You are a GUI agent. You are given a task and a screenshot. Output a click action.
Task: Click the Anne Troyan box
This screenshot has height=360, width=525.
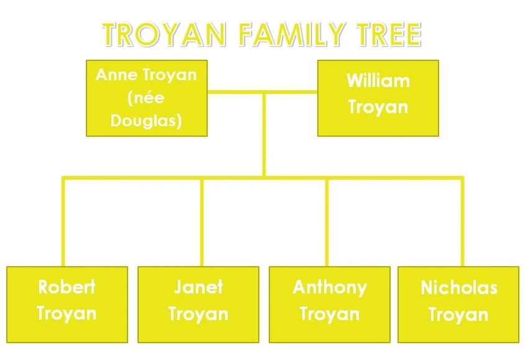click(x=146, y=98)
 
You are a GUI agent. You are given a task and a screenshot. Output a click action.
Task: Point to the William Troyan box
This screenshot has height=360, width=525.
click(x=378, y=98)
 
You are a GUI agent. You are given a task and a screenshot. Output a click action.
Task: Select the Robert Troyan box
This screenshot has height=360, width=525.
click(x=67, y=304)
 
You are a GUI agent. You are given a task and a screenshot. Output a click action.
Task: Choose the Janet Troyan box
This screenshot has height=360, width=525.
click(x=198, y=304)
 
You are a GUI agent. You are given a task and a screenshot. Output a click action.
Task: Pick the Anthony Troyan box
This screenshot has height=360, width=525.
click(x=329, y=304)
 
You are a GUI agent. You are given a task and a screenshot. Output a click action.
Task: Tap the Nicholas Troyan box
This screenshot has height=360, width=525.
click(x=458, y=304)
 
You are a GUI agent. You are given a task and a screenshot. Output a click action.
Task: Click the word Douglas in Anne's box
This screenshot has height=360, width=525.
click(x=146, y=120)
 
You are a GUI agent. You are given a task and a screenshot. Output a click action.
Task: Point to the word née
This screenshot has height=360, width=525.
click(x=146, y=98)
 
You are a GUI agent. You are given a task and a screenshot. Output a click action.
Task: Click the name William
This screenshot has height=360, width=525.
click(x=378, y=81)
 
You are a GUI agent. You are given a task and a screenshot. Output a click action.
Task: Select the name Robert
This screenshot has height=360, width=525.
click(x=67, y=287)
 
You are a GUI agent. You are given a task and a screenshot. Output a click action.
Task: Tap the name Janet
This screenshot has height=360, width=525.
click(x=198, y=287)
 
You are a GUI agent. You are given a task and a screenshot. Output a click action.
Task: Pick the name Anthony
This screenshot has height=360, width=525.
click(x=329, y=287)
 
